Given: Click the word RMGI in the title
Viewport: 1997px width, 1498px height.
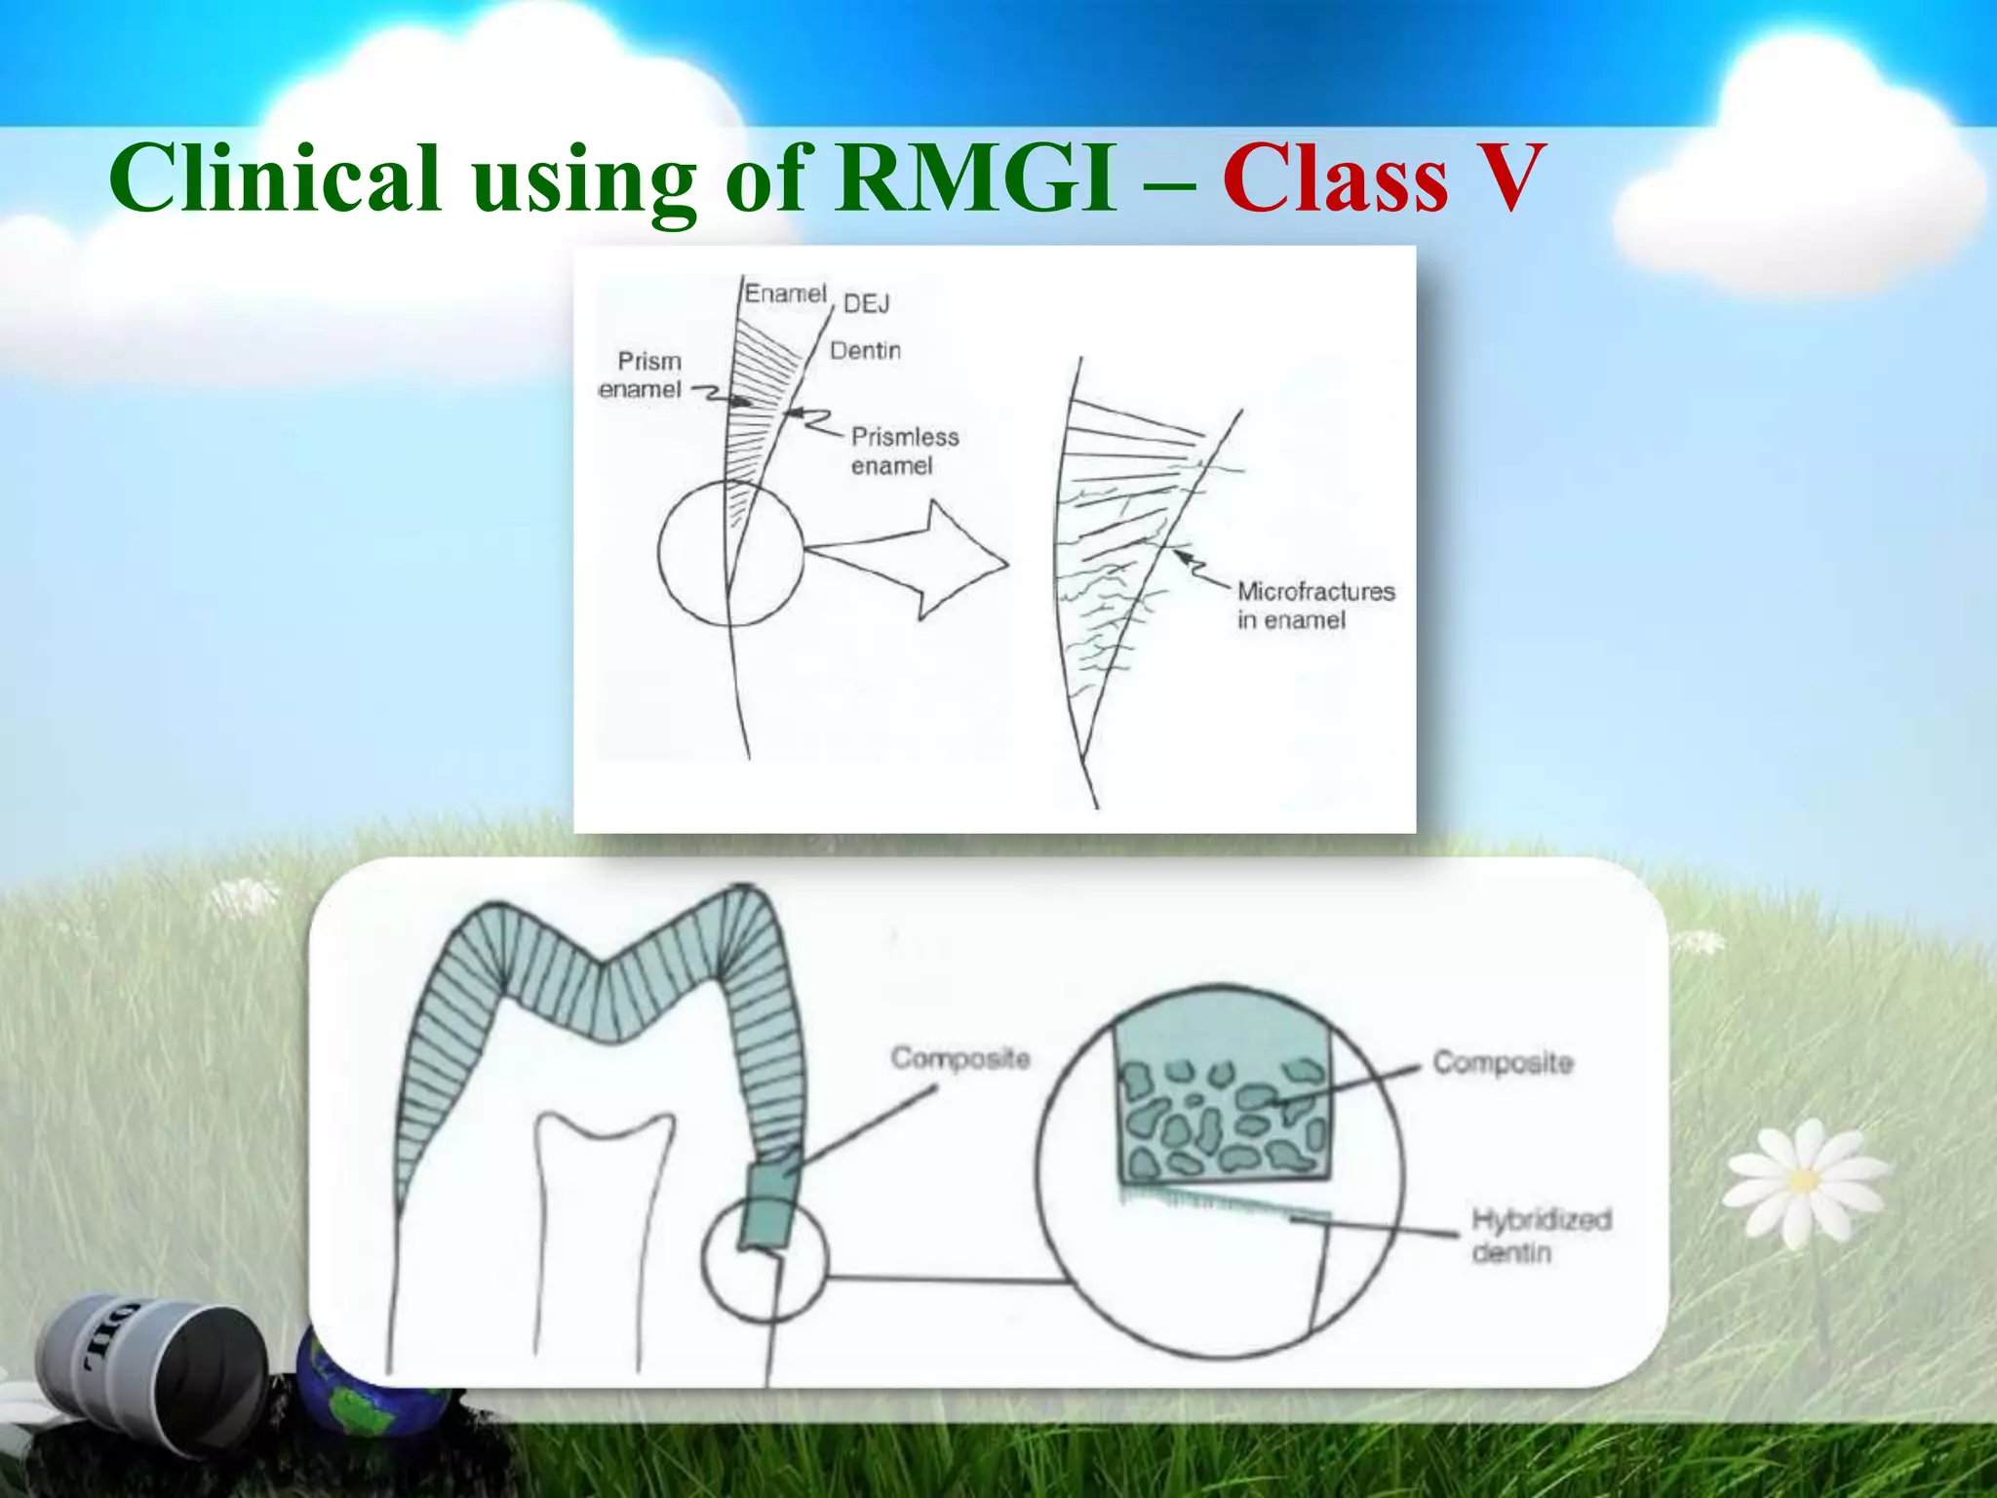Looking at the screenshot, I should click(974, 178).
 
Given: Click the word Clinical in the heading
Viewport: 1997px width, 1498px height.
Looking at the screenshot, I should click(275, 178).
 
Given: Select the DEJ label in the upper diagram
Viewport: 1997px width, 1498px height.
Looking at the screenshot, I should click(866, 304).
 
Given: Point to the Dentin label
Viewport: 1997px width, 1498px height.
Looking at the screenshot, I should click(865, 350).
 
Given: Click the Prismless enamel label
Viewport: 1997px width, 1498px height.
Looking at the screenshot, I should click(904, 451).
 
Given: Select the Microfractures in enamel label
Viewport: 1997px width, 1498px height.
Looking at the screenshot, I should click(1314, 606).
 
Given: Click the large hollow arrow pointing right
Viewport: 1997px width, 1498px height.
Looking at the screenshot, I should click(917, 560).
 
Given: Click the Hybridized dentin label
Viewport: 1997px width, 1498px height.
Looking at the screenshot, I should click(1540, 1235).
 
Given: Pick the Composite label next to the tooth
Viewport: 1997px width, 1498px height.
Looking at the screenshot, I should click(959, 1058).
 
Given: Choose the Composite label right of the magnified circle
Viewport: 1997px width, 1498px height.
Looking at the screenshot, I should click(1502, 1062).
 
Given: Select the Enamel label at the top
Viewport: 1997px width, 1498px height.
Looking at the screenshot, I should click(785, 294).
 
